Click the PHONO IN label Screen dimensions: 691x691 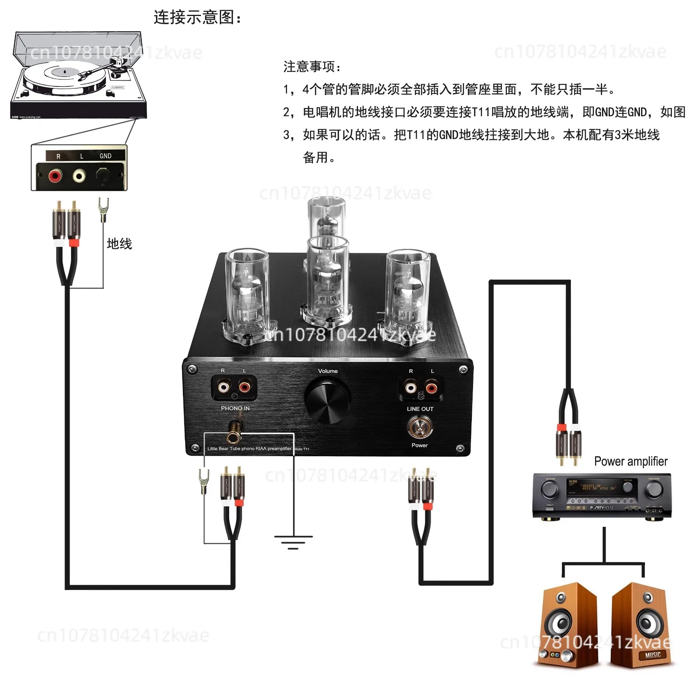235,408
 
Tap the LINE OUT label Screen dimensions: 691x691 420,409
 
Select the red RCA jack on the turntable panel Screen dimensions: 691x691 55,176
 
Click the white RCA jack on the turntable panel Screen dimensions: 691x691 79,176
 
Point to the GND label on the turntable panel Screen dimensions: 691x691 105,156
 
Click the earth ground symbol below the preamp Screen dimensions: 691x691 293,542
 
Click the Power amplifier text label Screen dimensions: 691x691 631,461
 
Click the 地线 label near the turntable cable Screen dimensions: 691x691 119,244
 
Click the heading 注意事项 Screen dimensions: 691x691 312,67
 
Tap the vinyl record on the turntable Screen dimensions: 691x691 64,76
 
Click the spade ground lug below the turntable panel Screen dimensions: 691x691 103,209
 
